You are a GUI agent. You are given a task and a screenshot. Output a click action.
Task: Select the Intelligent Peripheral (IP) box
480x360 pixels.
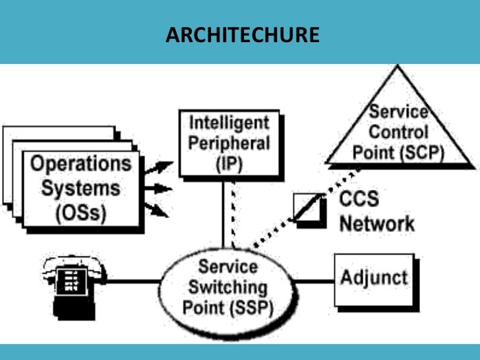point(229,144)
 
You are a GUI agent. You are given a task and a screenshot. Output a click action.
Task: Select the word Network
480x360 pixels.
point(376,223)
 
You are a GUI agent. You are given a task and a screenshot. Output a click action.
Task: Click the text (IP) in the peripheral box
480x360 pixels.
point(229,163)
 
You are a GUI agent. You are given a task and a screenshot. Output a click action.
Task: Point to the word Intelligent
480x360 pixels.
point(229,123)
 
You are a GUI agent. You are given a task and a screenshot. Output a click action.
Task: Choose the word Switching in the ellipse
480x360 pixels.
point(228,287)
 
